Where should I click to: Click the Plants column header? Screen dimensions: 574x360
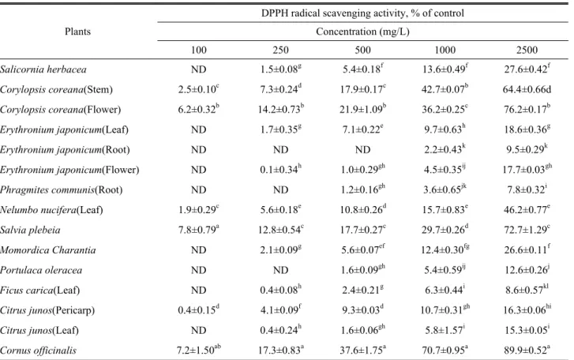tap(77, 32)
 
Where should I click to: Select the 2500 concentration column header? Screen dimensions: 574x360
tap(527, 50)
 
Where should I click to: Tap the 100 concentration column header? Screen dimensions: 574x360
tap(198, 50)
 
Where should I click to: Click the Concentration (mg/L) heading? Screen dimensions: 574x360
tap(362, 32)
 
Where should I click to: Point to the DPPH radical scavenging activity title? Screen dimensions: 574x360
tap(362, 13)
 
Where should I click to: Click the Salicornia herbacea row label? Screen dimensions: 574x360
tap(43, 69)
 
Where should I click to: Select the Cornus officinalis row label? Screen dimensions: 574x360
tap(38, 351)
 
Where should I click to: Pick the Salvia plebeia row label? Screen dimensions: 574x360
tap(30, 230)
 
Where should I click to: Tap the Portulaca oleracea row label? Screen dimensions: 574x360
tap(41, 270)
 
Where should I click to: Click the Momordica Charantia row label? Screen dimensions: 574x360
tap(48, 250)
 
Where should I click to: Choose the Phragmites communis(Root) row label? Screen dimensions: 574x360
tap(61, 190)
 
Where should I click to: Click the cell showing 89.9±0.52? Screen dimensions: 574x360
tap(527, 350)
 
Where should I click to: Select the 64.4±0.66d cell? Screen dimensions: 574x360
tap(527, 90)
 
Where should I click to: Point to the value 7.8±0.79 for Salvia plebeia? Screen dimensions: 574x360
tap(198, 230)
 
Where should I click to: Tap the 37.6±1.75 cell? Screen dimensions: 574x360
tap(362, 350)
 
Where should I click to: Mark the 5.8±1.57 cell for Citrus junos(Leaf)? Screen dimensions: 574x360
tap(445, 330)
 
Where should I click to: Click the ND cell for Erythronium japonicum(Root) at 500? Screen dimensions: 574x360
tap(362, 150)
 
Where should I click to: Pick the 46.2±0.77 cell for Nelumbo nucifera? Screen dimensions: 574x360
tap(527, 210)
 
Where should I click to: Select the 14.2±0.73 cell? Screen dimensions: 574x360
tap(281, 110)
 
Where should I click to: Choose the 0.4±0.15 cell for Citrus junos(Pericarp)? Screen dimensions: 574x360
tap(198, 310)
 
